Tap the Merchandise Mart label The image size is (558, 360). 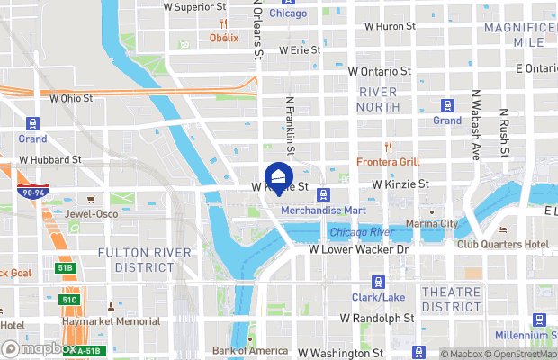pyautogui.click(x=321, y=211)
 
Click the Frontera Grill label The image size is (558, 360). pyautogui.click(x=388, y=162)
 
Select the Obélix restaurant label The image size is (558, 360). pyautogui.click(x=224, y=38)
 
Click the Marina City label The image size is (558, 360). pyautogui.click(x=431, y=224)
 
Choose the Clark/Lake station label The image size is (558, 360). pyautogui.click(x=378, y=297)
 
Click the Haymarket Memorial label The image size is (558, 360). pyautogui.click(x=111, y=321)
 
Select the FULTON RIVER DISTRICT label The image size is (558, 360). pyautogui.click(x=136, y=259)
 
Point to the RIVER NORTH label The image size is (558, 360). pyautogui.click(x=378, y=100)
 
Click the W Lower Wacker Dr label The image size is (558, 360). pyautogui.click(x=358, y=249)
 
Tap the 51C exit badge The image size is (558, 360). pyautogui.click(x=70, y=300)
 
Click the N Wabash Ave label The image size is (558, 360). pyautogui.click(x=474, y=135)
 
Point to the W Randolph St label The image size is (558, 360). pyautogui.click(x=376, y=319)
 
